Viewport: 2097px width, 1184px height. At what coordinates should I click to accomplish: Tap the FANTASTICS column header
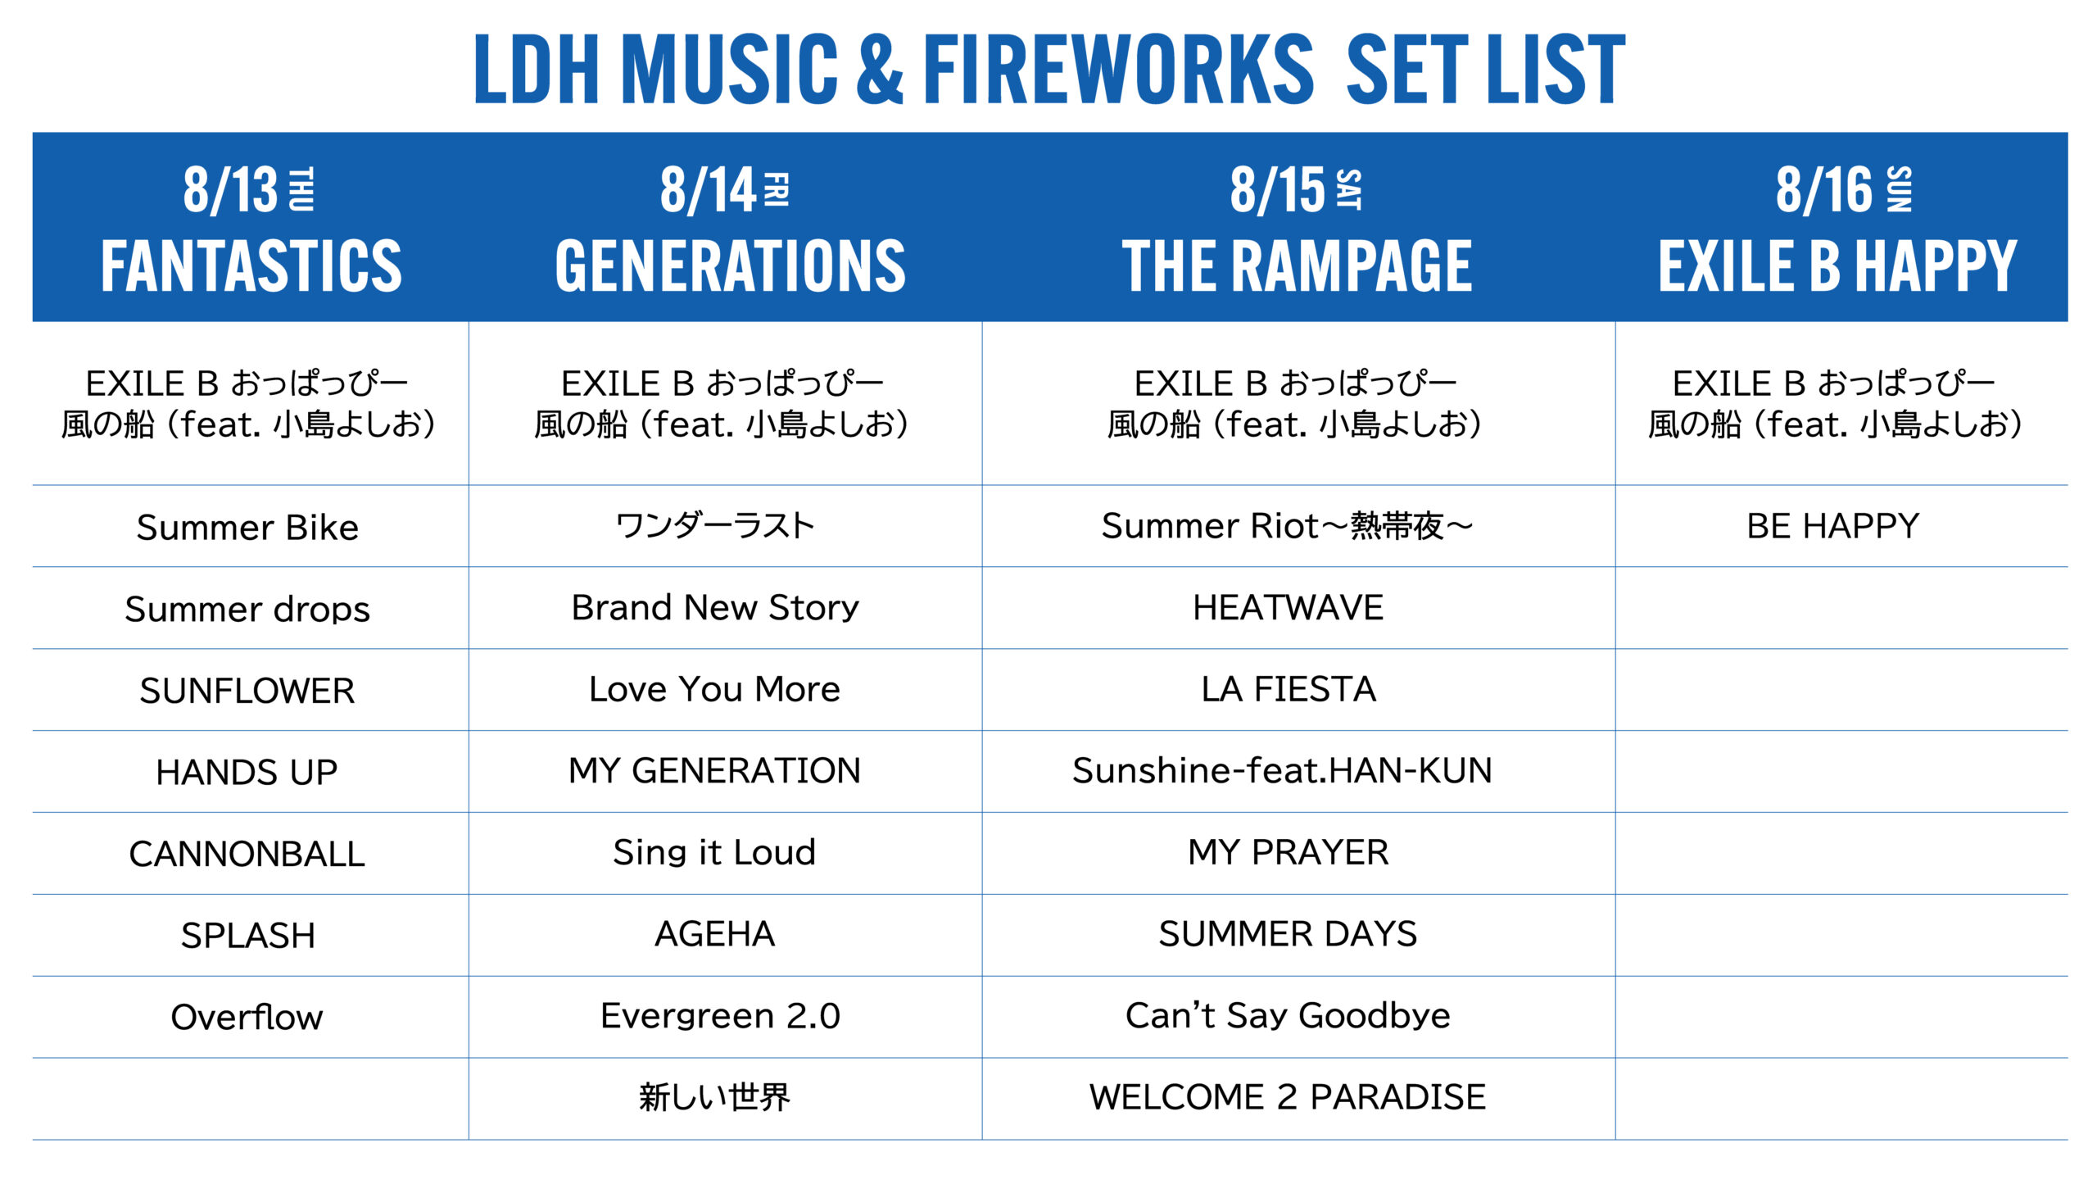251,265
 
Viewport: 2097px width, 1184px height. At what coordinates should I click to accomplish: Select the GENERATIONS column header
731,265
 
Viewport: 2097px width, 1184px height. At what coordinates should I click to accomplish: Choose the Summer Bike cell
247,527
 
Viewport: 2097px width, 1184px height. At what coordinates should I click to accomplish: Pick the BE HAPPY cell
1833,526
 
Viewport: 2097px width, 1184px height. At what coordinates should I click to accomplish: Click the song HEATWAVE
1289,607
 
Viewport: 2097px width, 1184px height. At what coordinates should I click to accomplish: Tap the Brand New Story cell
715,607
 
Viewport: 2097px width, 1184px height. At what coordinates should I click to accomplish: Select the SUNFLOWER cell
247,691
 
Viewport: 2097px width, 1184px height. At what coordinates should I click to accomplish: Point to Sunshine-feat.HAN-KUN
1283,770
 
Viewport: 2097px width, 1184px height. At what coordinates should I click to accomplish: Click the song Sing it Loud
714,853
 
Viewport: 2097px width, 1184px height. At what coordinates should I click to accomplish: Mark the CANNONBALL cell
247,854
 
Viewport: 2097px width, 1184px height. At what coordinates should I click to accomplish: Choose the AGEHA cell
715,934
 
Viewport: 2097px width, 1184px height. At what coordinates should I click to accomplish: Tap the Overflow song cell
247,1017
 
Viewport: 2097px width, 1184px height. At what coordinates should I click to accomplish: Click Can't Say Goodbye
1288,1016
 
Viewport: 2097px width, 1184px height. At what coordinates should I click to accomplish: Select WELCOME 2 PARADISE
1288,1097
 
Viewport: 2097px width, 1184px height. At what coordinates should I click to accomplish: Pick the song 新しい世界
714,1097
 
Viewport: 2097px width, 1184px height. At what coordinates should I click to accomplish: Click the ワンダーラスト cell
715,526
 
